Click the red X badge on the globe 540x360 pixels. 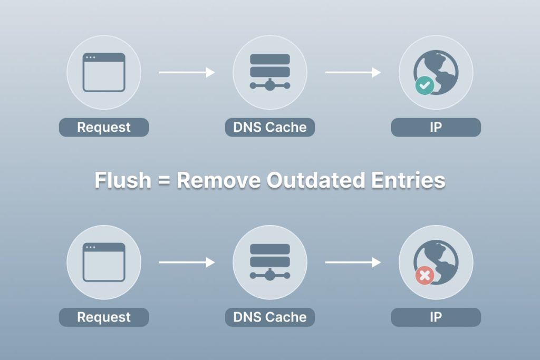click(425, 275)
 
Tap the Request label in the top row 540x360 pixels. click(104, 127)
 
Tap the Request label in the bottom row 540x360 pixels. click(104, 317)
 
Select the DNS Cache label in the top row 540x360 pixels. click(269, 127)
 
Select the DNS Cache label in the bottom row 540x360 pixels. click(269, 317)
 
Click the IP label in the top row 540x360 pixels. click(436, 127)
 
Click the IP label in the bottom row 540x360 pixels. click(436, 317)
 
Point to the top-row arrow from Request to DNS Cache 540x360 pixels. click(187, 72)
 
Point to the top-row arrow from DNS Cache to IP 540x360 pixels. click(353, 72)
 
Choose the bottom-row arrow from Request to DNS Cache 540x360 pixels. click(187, 262)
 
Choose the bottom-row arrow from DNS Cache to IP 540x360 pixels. click(353, 262)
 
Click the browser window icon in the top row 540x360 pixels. click(104, 72)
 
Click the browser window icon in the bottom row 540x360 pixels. click(104, 262)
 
